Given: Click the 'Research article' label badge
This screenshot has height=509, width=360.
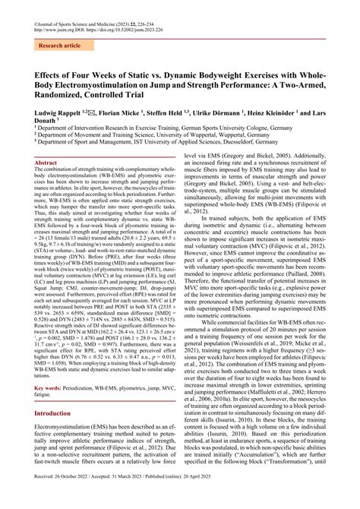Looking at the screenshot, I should click(60, 46).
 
